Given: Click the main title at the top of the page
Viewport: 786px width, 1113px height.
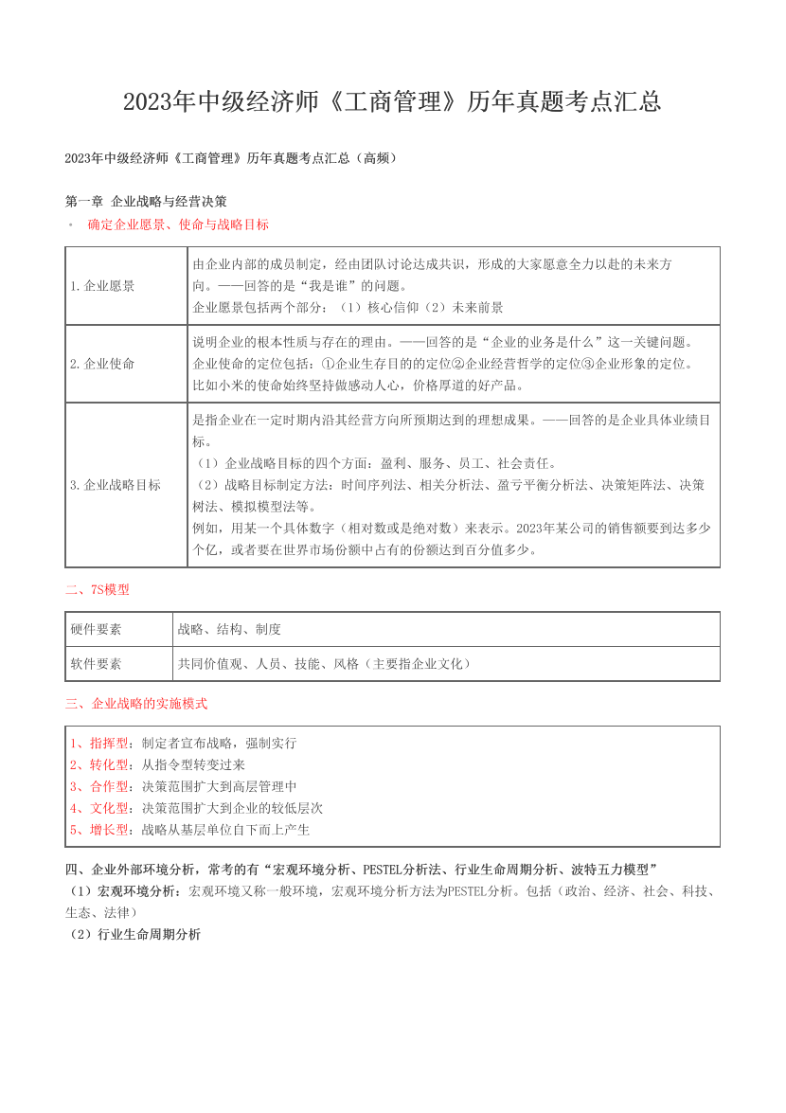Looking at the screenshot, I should tap(392, 102).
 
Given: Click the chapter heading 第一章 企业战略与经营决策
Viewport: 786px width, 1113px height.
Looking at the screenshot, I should tap(146, 202).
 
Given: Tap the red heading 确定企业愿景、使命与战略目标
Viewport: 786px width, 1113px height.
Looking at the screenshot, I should tap(178, 225).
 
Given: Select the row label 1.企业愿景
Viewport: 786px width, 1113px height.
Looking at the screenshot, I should tap(102, 285).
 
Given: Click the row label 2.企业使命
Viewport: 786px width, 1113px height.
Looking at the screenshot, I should tap(102, 364).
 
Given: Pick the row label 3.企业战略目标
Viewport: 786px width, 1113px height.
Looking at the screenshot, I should tap(116, 485).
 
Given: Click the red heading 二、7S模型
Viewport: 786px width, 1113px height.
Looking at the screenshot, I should tap(98, 589).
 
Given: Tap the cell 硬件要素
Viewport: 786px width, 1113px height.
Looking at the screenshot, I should tap(96, 629).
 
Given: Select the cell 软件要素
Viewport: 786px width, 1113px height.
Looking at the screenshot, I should tap(96, 664).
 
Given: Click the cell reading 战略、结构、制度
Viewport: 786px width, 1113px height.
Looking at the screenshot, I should tap(229, 629).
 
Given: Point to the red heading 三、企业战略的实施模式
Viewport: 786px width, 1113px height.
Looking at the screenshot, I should tap(136, 704).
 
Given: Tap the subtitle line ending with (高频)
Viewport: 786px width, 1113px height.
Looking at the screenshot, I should tap(230, 158).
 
